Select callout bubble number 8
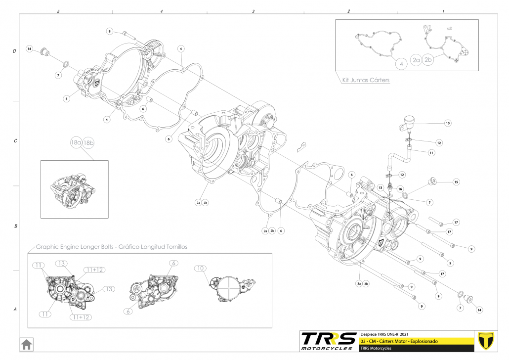(x=110, y=31)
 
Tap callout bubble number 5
(x=66, y=99)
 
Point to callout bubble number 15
(x=456, y=182)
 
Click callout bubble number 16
(x=400, y=189)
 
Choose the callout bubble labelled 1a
(x=199, y=203)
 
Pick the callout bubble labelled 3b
(x=366, y=284)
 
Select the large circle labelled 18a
(x=76, y=143)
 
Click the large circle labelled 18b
(x=88, y=143)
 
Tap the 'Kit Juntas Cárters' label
(x=366, y=80)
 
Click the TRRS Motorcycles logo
(x=329, y=341)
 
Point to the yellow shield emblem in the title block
(x=487, y=340)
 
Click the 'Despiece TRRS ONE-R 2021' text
(x=384, y=333)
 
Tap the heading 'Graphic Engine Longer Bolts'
(x=111, y=246)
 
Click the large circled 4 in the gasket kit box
(x=401, y=63)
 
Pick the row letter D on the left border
(x=15, y=51)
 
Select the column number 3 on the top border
(x=253, y=11)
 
